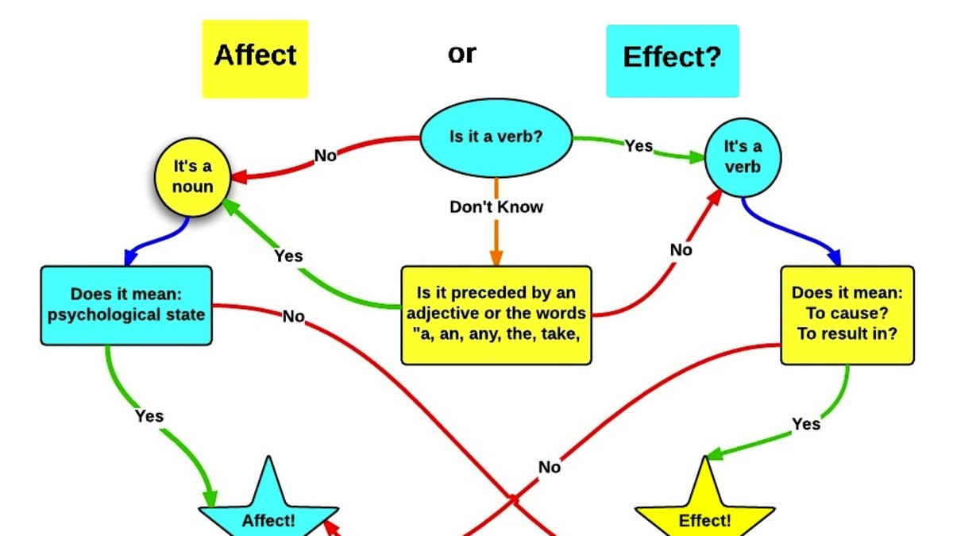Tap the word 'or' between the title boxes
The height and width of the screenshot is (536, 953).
tap(462, 53)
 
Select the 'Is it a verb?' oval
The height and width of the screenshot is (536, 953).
tap(496, 137)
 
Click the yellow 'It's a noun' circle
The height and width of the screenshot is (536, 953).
tap(193, 177)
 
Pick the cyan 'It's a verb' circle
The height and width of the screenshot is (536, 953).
tap(743, 157)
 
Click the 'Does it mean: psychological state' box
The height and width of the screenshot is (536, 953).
tap(126, 305)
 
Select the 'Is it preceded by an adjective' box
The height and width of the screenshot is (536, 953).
tap(496, 314)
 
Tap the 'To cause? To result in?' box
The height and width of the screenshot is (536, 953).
tap(847, 314)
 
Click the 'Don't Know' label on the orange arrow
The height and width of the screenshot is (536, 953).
tap(496, 207)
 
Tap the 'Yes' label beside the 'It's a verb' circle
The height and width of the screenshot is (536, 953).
tap(639, 146)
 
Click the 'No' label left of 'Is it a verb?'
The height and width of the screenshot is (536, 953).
tap(326, 156)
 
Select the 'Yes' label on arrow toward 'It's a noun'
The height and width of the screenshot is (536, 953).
tap(288, 256)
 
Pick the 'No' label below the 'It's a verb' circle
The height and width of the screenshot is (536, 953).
tap(681, 250)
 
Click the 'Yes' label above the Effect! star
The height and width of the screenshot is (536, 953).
tap(805, 424)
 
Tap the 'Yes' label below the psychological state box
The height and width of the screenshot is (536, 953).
tap(149, 416)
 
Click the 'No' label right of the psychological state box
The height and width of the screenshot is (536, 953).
tap(293, 317)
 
